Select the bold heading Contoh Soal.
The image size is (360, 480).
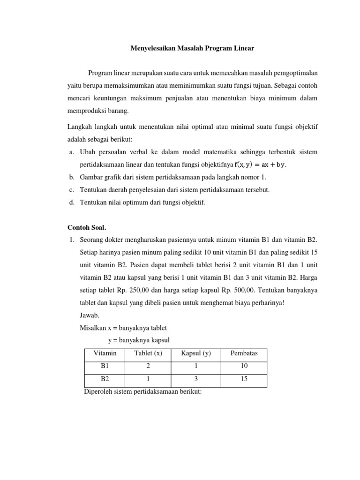(x=87, y=228)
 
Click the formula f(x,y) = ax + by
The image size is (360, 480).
(x=260, y=165)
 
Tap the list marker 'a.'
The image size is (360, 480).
(x=72, y=152)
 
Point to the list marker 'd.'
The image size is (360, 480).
(x=72, y=202)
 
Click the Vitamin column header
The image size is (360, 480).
(x=105, y=353)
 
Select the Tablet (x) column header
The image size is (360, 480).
(x=148, y=353)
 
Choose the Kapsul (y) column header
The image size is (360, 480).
(x=196, y=353)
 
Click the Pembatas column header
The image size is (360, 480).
(x=244, y=353)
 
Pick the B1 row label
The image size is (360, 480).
(x=105, y=366)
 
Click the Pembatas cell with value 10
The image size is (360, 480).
(x=244, y=366)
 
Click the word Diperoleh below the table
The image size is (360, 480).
(x=98, y=391)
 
